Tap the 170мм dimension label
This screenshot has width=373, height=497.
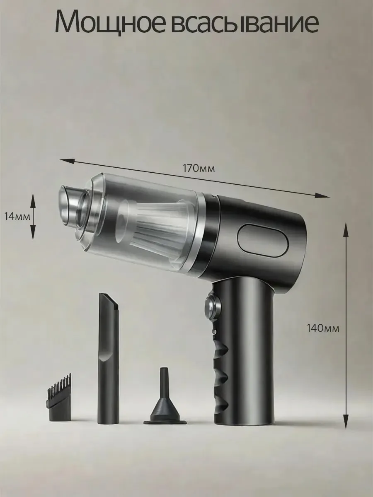(199, 169)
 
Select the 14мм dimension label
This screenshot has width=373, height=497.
(17, 217)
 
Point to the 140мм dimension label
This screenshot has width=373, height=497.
(323, 328)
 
